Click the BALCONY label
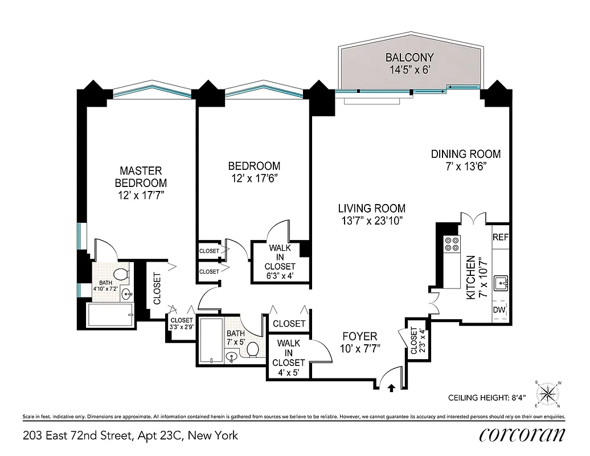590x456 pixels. (409, 57)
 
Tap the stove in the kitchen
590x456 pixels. (452, 244)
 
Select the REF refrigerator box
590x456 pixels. (500, 237)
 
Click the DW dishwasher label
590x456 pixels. (499, 310)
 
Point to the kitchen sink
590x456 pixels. (501, 281)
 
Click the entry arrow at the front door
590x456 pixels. (392, 388)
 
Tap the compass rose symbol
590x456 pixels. (547, 393)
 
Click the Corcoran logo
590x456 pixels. (522, 435)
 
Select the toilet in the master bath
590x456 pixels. (121, 275)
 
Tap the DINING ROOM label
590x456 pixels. (465, 154)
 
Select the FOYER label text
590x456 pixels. (359, 336)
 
